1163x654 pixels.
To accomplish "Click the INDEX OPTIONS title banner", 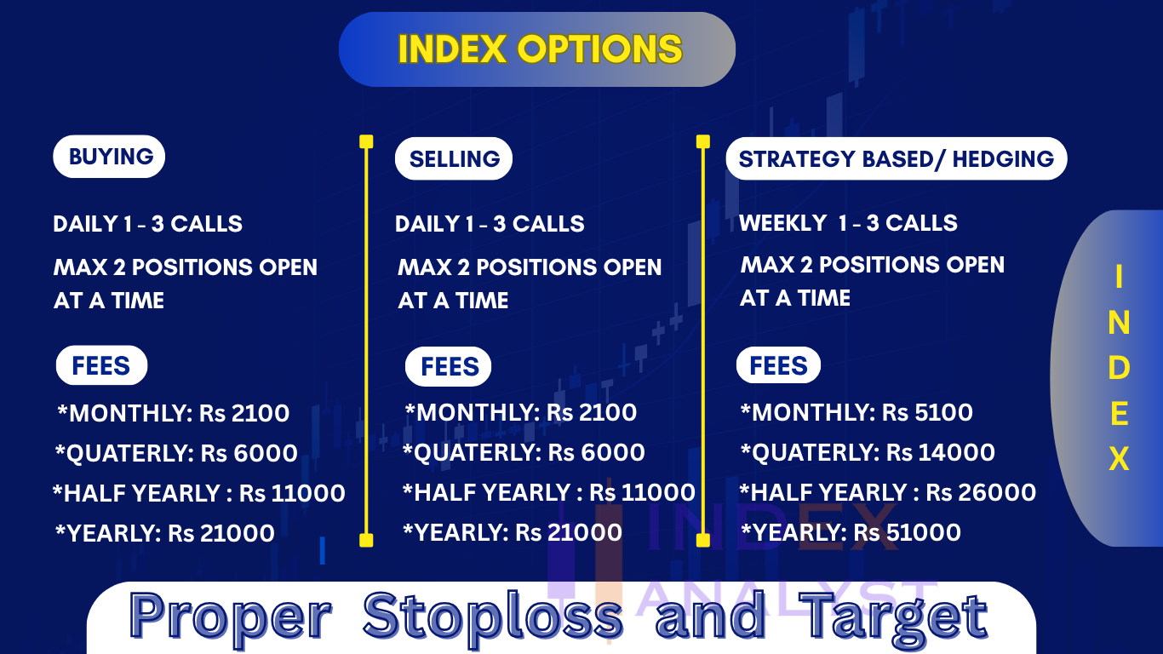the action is pos(537,49).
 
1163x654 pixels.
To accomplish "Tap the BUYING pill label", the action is pos(109,157).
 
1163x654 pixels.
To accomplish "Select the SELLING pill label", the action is pos(453,158).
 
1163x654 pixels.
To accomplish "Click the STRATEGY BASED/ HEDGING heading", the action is pos(897,158).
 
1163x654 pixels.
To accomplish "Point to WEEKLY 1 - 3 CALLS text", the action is pos(848,223).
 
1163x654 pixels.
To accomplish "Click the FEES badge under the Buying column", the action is pos(101,365).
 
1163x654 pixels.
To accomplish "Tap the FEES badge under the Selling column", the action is pos(448,366).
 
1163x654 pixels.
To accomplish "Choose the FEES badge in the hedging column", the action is pos(778,365).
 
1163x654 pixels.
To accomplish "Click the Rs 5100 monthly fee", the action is pos(927,412).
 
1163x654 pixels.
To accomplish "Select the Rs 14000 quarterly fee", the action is pos(940,452).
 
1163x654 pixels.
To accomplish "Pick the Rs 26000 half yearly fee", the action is pos(981,492).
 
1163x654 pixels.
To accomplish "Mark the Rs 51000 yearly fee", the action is pos(907,532).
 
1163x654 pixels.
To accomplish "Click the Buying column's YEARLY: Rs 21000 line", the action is pos(164,533).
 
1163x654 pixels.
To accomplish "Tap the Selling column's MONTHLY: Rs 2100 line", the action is pos(520,412).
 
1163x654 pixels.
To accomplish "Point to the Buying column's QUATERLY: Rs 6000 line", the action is pos(176,453).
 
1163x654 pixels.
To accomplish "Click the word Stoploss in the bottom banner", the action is pos(493,616).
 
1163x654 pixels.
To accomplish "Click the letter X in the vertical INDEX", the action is pos(1120,459).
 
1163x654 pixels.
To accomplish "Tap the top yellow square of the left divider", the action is pos(366,141).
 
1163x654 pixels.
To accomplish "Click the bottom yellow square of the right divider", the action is pos(703,540).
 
